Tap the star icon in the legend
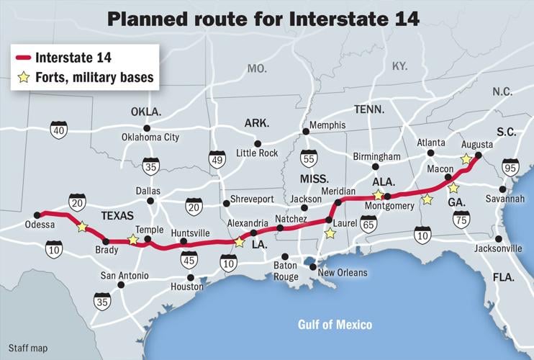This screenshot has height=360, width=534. pyautogui.click(x=24, y=77)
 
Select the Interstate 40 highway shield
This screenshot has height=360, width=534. pyautogui.click(x=59, y=130)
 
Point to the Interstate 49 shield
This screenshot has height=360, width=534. pyautogui.click(x=217, y=160)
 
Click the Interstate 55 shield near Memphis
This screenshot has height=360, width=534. pyautogui.click(x=308, y=159)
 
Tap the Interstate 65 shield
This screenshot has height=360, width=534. pyautogui.click(x=368, y=224)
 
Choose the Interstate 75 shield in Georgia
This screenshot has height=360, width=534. pyautogui.click(x=461, y=219)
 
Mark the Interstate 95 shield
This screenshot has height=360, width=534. pyautogui.click(x=510, y=168)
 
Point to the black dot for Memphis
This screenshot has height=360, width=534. pyautogui.click(x=305, y=131)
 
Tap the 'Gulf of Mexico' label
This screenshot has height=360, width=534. pyautogui.click(x=335, y=325)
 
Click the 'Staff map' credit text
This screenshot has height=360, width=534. pyautogui.click(x=28, y=348)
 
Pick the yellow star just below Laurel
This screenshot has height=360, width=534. pyautogui.click(x=330, y=233)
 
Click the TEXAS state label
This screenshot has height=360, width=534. pyautogui.click(x=117, y=215)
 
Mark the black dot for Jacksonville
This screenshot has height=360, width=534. pyautogui.click(x=499, y=238)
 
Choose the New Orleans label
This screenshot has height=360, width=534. pyautogui.click(x=343, y=273)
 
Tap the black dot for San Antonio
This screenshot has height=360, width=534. pyautogui.click(x=120, y=285)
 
